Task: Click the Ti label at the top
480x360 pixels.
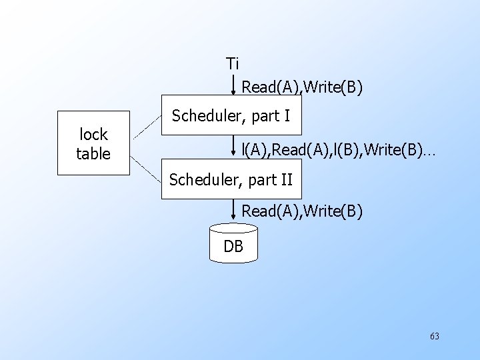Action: [x=232, y=64]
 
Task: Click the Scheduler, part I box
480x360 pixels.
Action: [x=231, y=116]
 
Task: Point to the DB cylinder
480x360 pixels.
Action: [x=233, y=243]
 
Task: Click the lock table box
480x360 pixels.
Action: [x=93, y=143]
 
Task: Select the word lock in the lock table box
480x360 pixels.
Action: [x=93, y=134]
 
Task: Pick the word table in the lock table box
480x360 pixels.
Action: [x=93, y=154]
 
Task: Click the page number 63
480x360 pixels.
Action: [x=435, y=336]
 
